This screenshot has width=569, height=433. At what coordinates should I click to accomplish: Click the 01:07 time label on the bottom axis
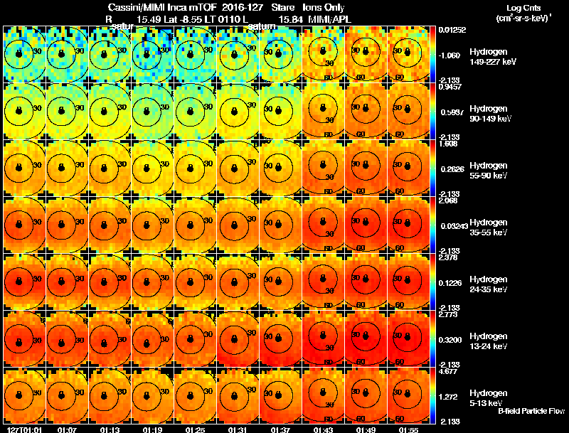coord(68,429)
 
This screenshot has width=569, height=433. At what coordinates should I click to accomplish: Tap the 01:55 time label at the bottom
coord(408,429)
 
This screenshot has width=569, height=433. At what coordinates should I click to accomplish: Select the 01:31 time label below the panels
coord(238,429)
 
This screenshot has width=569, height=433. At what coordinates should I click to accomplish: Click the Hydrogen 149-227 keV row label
coord(492,57)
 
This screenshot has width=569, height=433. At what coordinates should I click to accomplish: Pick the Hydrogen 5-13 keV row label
coord(492,397)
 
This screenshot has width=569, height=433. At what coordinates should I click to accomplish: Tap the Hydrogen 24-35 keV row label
coord(492,284)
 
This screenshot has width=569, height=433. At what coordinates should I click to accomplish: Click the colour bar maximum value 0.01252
coord(452,29)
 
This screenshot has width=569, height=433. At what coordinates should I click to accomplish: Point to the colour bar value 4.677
coord(449,370)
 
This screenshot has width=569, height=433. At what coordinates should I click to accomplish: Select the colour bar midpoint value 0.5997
coord(451,112)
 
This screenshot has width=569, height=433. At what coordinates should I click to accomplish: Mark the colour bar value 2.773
coord(449,314)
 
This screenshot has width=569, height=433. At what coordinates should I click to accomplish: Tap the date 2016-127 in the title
coord(238,7)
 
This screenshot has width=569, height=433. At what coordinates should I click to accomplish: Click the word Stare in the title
coord(282,7)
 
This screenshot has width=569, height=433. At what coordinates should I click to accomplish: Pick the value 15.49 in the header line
coord(148,18)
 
